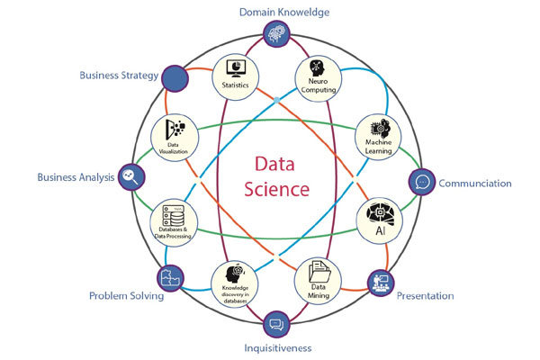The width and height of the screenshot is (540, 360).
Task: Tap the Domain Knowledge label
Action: click(277, 12)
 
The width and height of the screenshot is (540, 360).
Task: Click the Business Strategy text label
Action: click(119, 75)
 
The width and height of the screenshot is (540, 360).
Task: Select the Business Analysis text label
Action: click(76, 177)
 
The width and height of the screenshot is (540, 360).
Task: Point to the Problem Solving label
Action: click(125, 295)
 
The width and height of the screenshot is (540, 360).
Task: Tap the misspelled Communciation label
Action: click(475, 184)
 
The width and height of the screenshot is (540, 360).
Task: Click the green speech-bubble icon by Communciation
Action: click(421, 181)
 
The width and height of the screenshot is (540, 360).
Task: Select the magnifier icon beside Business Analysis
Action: click(131, 176)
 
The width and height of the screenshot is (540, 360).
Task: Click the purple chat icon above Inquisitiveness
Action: click(276, 322)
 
